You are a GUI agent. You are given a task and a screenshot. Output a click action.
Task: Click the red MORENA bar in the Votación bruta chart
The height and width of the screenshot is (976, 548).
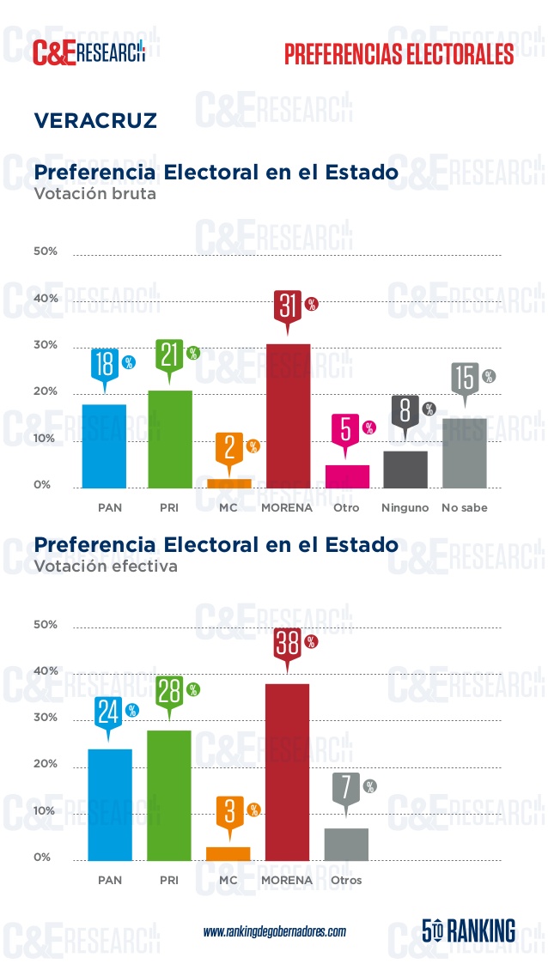coord(288,415)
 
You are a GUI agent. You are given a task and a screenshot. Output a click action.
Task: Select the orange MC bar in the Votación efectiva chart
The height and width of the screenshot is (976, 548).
coord(228,853)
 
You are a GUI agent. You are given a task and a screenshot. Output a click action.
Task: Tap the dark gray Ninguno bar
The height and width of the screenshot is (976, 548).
coord(405,469)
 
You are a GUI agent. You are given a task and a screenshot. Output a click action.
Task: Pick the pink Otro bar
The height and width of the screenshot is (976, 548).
coord(346,476)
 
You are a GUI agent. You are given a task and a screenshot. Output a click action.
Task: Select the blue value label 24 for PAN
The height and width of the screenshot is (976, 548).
coord(108,712)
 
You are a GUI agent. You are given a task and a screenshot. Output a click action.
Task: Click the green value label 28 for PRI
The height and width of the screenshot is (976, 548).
coord(169,691)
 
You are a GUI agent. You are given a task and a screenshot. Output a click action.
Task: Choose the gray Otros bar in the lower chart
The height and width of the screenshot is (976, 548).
coord(346,844)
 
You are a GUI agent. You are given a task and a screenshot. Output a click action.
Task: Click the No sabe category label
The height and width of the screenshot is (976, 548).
coord(464,507)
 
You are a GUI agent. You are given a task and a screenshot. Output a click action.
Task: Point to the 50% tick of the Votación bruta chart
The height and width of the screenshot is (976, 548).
coord(46,252)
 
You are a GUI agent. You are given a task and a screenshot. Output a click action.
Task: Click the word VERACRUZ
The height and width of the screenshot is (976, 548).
coord(95,120)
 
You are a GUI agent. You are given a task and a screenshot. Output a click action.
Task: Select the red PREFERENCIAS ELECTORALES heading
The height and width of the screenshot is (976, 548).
coord(399,54)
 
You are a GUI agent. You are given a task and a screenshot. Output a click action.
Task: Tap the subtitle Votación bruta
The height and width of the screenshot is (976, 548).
coord(94,194)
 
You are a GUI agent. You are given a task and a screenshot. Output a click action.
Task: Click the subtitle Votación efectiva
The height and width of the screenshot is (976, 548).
coord(106,567)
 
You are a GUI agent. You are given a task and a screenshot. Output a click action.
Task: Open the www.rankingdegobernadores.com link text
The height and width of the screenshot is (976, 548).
coord(274,931)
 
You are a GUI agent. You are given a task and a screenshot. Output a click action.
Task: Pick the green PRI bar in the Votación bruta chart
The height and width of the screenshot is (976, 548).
coord(169,439)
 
